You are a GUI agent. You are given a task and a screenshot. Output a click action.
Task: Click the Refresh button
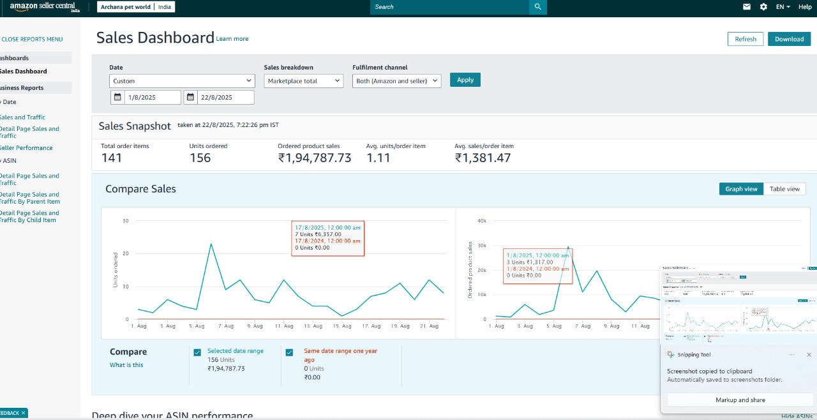[x=745, y=39]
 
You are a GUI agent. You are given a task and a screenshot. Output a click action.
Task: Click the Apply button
[x=465, y=80]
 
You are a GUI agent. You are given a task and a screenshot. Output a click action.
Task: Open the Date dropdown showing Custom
[x=182, y=81]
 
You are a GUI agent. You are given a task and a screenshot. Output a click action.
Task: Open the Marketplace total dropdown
[x=303, y=81]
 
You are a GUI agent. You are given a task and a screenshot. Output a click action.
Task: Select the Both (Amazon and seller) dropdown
[x=396, y=81]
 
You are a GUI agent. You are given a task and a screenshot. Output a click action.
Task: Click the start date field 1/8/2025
[x=152, y=98]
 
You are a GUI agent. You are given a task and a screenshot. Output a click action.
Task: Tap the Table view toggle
[x=784, y=189]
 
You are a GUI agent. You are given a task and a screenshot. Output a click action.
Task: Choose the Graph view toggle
[x=741, y=189]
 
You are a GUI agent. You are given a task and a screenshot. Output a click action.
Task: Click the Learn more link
[x=232, y=39]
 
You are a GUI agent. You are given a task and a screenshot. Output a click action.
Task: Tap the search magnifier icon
[x=538, y=7]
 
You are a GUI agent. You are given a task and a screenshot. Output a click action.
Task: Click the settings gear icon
[x=763, y=7]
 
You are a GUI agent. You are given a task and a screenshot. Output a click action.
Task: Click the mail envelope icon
[x=747, y=7]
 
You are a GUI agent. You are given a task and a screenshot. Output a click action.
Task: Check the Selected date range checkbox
[x=197, y=352]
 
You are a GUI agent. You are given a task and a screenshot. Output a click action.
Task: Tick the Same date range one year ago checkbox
[x=289, y=352]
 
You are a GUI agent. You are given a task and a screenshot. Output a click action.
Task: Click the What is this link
[x=126, y=365]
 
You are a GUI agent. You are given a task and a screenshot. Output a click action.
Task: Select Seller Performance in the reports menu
[x=26, y=147]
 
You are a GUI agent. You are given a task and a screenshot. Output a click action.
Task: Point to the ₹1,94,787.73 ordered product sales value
[x=315, y=158]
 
